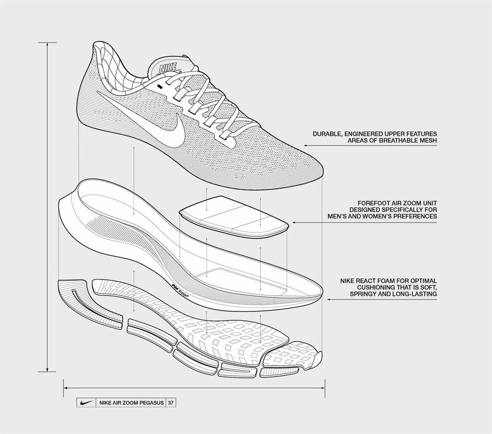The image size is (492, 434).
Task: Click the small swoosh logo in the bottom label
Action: [86, 402]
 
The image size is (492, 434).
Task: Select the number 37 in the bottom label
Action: [171, 402]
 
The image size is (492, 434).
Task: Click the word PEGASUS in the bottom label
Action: [150, 402]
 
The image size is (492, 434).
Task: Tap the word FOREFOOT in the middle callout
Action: [375, 203]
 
